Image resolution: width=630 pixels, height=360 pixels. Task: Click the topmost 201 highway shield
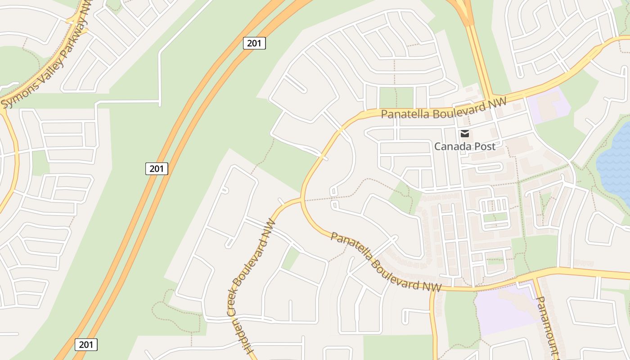click(x=254, y=43)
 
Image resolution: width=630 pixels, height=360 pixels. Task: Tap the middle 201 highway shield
click(x=157, y=169)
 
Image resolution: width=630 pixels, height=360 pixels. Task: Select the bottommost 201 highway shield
click(x=86, y=345)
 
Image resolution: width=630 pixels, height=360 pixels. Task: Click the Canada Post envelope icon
click(x=465, y=134)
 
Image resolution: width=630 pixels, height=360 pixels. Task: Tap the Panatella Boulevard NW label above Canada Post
click(x=444, y=108)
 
